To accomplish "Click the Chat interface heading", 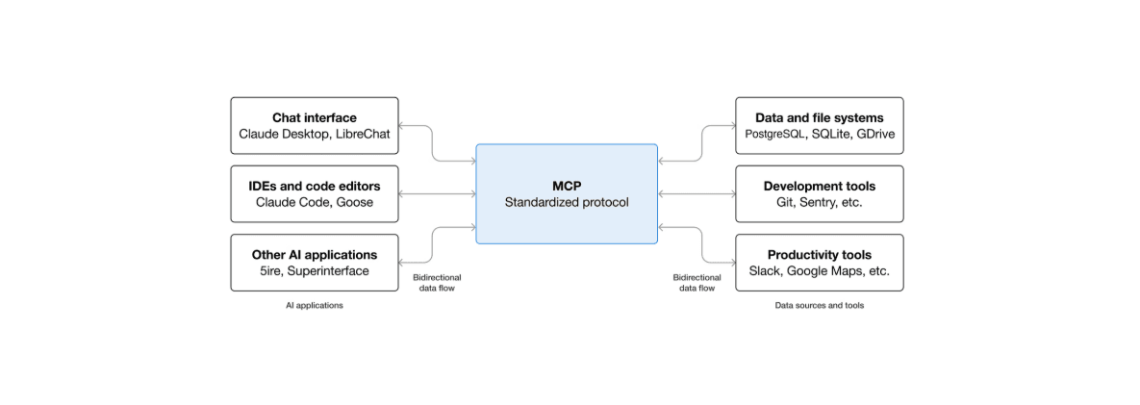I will (x=315, y=117).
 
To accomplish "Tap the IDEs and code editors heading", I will (x=315, y=186).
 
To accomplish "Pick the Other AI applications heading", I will (x=315, y=255).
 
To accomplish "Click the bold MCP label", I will (x=567, y=186).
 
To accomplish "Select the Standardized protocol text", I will (x=567, y=203).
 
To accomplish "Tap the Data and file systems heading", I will (x=819, y=117).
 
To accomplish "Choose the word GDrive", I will (x=874, y=135).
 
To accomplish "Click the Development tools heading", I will (x=819, y=186).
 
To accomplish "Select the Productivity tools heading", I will (x=819, y=255).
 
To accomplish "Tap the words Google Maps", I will (x=825, y=271).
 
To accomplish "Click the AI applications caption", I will (x=315, y=306).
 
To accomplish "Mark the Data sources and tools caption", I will (x=819, y=306).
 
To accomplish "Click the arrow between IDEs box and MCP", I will (x=437, y=194).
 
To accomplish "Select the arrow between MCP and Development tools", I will (x=697, y=194).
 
